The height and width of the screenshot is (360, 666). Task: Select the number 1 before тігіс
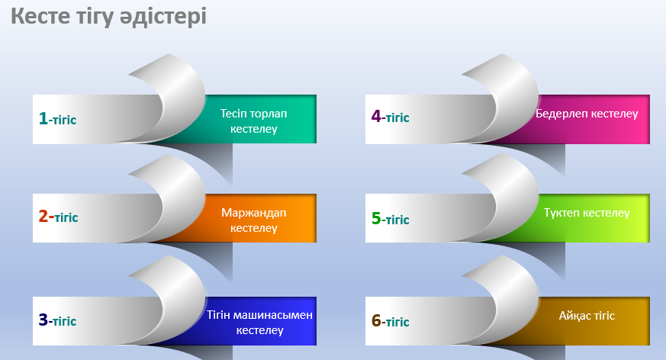click(43, 118)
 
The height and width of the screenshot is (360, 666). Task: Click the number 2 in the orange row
click(43, 217)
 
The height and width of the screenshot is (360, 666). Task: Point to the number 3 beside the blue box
click(43, 320)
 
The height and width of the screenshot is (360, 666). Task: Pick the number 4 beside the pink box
click(376, 117)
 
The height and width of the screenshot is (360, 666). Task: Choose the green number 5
click(376, 218)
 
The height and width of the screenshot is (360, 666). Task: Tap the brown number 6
click(376, 321)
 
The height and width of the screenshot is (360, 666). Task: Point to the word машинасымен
click(275, 315)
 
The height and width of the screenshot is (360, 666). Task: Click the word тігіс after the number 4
click(397, 118)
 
